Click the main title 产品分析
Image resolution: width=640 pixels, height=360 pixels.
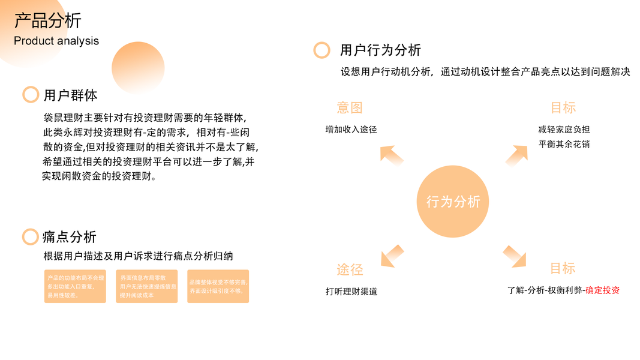pos(48,20)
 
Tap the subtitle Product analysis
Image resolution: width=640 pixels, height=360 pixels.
pos(56,41)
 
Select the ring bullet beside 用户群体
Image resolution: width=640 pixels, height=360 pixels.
pos(31,95)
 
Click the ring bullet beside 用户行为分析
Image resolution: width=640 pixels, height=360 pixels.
pos(322,50)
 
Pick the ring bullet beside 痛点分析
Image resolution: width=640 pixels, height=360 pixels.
pos(31,237)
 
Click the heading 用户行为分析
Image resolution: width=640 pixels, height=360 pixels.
pos(380,50)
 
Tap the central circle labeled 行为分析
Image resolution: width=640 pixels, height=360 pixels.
pos(453,202)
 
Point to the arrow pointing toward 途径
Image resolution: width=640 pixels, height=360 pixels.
pos(392,254)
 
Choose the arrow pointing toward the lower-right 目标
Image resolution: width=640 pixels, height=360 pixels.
pos(515,256)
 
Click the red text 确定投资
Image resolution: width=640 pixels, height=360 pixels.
pos(602,290)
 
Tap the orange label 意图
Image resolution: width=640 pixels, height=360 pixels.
pos(350,108)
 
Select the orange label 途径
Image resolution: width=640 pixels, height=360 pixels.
pos(350,269)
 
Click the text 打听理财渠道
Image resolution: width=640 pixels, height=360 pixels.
pos(351,292)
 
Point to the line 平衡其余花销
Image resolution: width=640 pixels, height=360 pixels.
pos(564,144)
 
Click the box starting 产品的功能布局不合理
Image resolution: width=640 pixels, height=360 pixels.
pos(75,286)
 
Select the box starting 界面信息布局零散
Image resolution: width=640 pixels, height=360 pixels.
pos(147,286)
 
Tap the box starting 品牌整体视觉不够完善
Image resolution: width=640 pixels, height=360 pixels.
pos(218,286)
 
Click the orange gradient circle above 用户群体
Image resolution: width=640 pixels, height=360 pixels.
pos(138,68)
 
